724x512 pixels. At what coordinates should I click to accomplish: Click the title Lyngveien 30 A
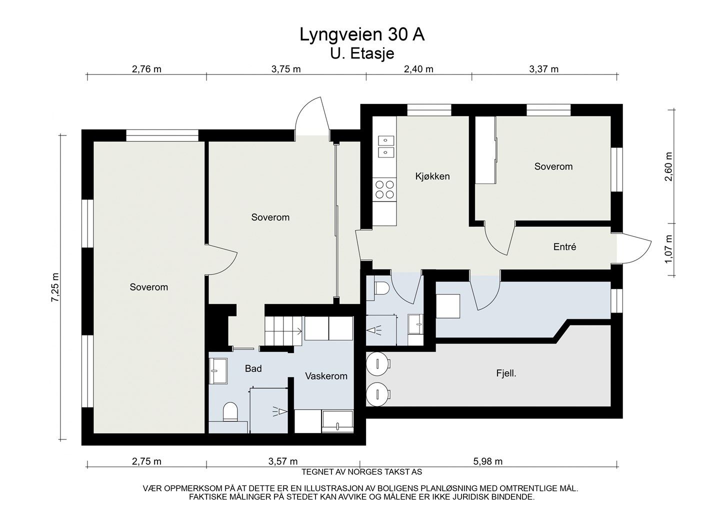362,35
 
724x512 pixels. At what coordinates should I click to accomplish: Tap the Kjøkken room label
432,176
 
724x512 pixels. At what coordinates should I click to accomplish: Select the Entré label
564,247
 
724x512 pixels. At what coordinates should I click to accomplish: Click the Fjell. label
506,373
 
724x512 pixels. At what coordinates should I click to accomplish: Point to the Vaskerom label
326,376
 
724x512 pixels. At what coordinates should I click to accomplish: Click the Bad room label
253,369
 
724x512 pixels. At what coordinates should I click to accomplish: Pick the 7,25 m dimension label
55,287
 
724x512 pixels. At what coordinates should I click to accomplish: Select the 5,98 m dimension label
487,461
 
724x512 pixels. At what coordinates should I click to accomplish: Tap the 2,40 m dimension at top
418,69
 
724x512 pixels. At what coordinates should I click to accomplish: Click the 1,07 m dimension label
668,249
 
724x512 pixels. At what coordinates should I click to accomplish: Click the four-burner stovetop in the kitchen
384,189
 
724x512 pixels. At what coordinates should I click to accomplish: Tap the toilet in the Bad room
230,411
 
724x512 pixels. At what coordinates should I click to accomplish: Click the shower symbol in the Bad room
280,411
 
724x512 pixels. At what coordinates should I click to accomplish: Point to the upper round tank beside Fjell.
377,363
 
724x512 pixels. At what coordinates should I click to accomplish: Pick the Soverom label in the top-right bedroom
553,166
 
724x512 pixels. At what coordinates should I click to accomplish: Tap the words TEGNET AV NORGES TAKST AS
361,472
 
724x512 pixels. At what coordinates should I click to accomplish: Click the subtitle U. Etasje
362,53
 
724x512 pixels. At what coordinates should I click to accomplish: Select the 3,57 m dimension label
283,461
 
